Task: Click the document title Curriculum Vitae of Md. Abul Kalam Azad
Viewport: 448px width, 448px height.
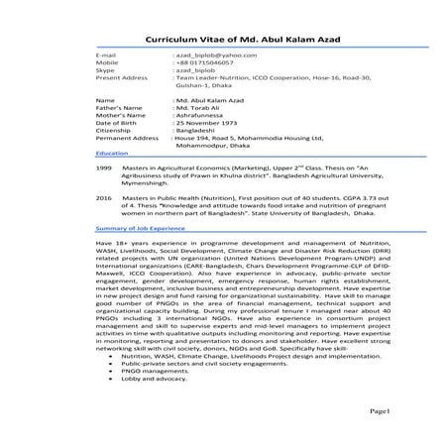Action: [223, 38]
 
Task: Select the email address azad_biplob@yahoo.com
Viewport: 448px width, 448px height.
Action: [209, 54]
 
